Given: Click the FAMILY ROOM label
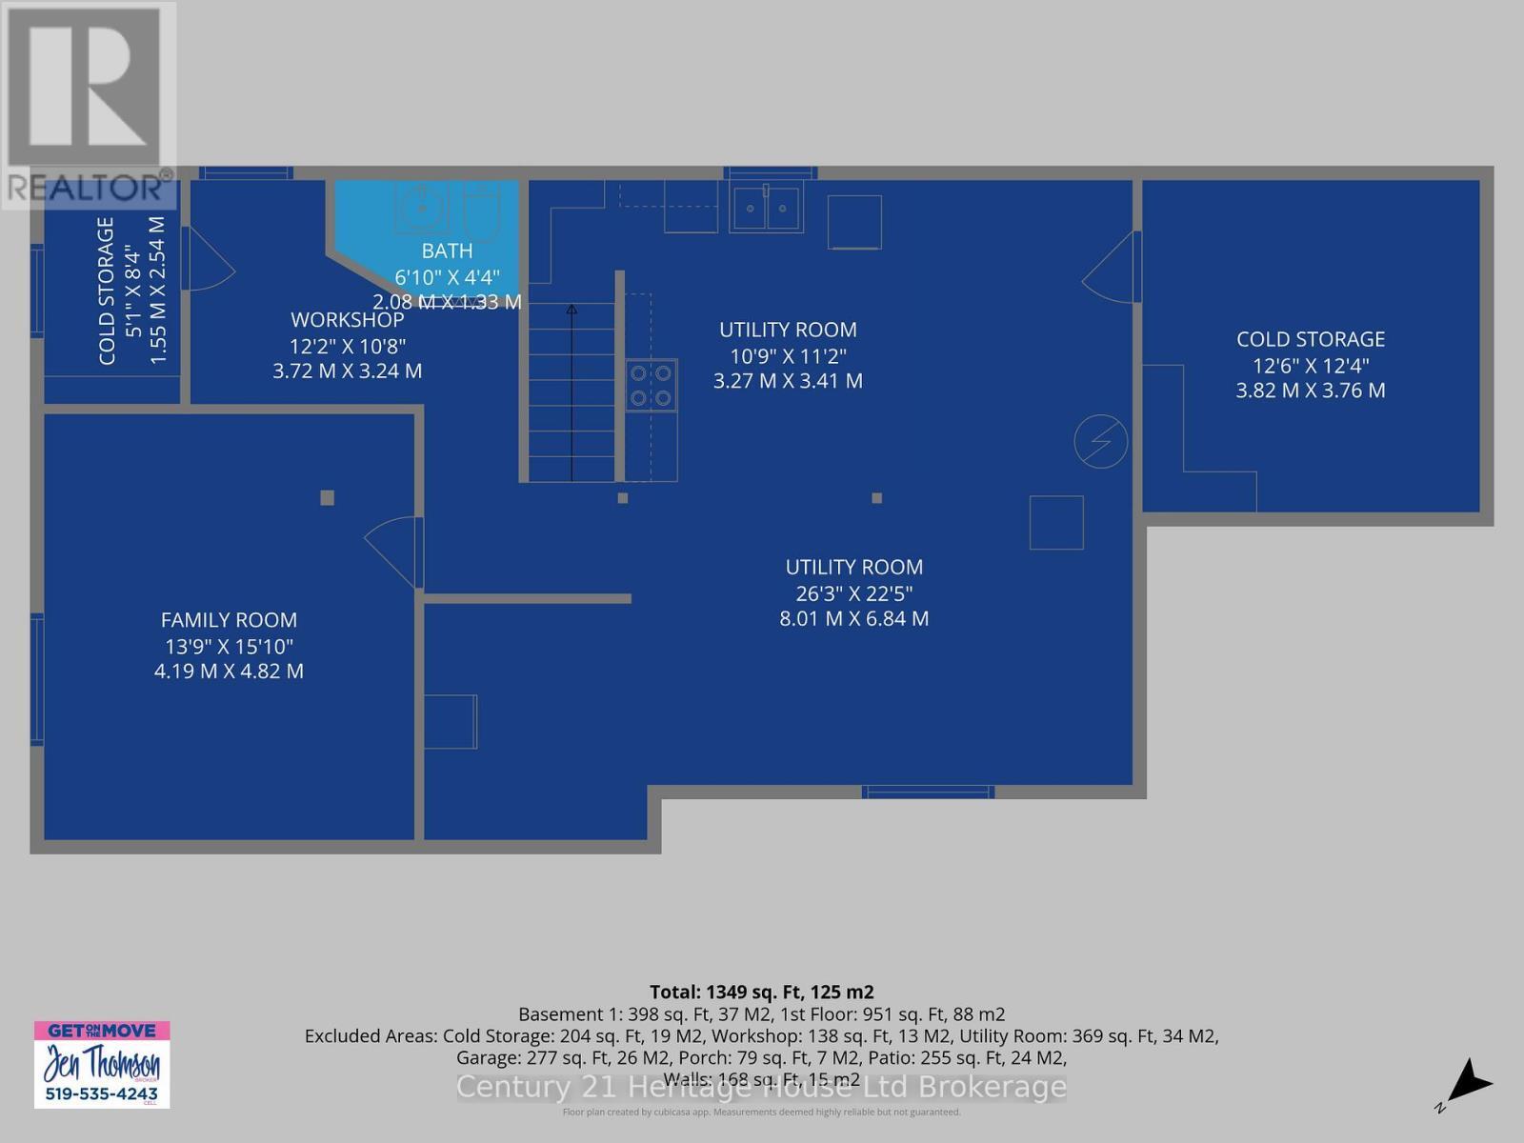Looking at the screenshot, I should [x=229, y=620].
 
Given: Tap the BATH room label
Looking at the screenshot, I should [x=447, y=251].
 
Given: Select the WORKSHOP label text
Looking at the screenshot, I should [x=348, y=320].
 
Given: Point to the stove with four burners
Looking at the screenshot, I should [x=652, y=386].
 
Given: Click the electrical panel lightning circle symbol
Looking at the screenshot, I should [x=1100, y=441].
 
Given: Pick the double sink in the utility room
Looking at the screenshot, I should [x=767, y=208].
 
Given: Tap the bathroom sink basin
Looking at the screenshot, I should [x=420, y=207].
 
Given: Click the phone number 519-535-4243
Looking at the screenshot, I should [x=102, y=1094].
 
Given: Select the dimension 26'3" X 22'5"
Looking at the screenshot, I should [x=854, y=593].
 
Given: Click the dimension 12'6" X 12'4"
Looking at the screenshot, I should [x=1311, y=365].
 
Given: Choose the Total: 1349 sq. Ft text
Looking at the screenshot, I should [x=761, y=992].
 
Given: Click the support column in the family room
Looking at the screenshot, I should [x=328, y=497].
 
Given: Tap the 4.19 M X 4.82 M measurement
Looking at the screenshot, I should [x=229, y=672].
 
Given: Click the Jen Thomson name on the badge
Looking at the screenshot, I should [x=102, y=1062].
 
